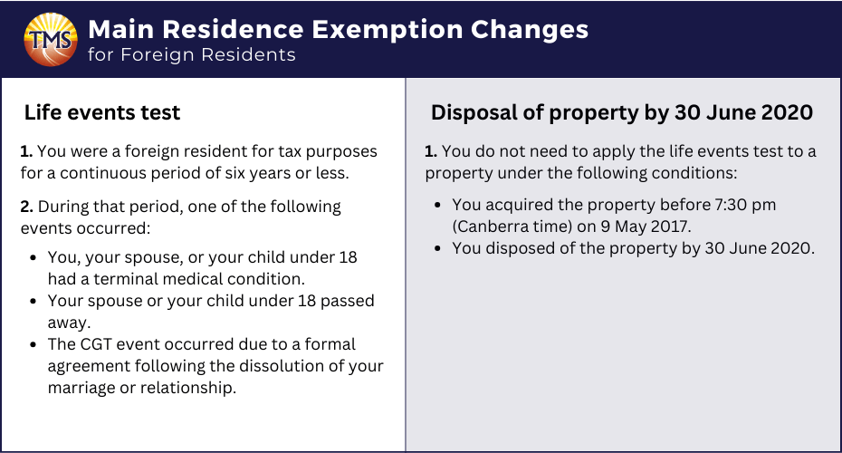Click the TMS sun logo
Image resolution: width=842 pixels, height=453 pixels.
tap(51, 40)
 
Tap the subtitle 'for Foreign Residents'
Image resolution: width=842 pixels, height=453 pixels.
tap(192, 54)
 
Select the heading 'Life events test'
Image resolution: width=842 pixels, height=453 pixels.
tap(102, 112)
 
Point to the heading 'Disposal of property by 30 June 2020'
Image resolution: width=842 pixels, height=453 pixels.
tap(622, 112)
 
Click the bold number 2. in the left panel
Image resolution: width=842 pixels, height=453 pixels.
tap(27, 207)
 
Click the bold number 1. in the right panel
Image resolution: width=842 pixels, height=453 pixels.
tap(431, 151)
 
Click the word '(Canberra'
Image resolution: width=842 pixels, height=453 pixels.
tap(483, 226)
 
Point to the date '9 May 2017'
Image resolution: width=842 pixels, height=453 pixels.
tap(644, 226)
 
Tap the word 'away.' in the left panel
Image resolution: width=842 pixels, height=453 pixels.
tap(70, 323)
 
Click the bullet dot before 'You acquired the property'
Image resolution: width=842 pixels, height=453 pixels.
tap(437, 206)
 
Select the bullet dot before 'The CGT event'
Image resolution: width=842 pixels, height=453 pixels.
tap(33, 344)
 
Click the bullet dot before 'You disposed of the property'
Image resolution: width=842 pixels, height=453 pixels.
tap(437, 249)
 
